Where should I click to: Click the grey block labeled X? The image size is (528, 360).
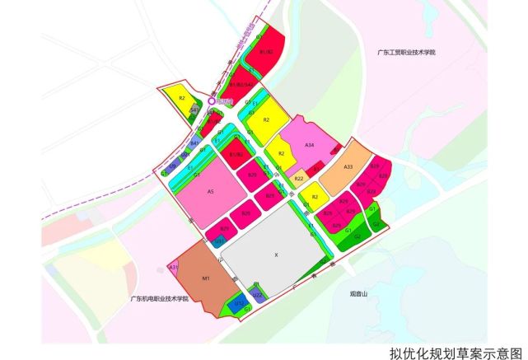[x=276, y=255]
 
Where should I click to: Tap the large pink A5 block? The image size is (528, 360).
[x=211, y=191]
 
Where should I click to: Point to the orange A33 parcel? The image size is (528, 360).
[x=348, y=168]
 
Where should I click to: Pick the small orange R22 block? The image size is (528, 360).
[x=300, y=178]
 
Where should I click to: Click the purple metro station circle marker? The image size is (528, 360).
[x=212, y=101]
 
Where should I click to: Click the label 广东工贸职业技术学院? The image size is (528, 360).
[x=403, y=53]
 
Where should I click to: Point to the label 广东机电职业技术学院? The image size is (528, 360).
[x=160, y=297]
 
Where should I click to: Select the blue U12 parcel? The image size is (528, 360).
[x=237, y=304]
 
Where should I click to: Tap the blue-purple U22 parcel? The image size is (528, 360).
[x=257, y=294]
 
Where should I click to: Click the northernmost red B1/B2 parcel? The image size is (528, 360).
[x=265, y=53]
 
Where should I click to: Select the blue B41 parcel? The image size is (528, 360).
[x=195, y=143]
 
